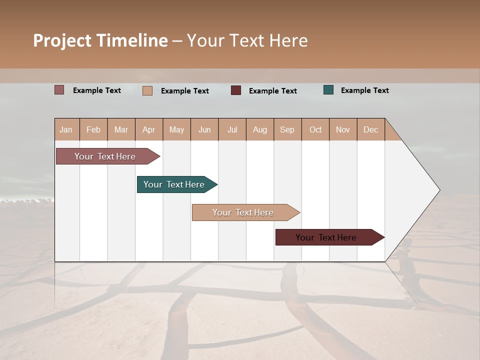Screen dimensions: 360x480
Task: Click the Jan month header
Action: (x=66, y=129)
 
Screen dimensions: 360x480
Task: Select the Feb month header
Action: (x=93, y=129)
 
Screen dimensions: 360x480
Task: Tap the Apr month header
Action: (x=149, y=129)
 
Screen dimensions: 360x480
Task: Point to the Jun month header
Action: (x=204, y=129)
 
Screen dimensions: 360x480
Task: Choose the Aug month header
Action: (x=260, y=129)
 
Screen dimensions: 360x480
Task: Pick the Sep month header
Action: (x=287, y=129)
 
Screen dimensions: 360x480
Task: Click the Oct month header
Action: (x=315, y=129)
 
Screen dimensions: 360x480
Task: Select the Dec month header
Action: (x=371, y=129)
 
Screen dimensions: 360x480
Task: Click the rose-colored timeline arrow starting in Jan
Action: (x=105, y=156)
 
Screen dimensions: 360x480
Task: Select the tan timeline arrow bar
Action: (x=243, y=212)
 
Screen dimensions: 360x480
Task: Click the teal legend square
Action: (x=328, y=90)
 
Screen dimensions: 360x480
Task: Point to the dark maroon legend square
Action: (x=236, y=90)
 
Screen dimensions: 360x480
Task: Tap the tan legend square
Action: (x=147, y=90)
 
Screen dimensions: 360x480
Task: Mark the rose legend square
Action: (x=59, y=90)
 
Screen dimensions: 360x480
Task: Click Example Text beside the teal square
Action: (x=364, y=90)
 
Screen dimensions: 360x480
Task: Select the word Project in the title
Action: (x=62, y=40)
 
